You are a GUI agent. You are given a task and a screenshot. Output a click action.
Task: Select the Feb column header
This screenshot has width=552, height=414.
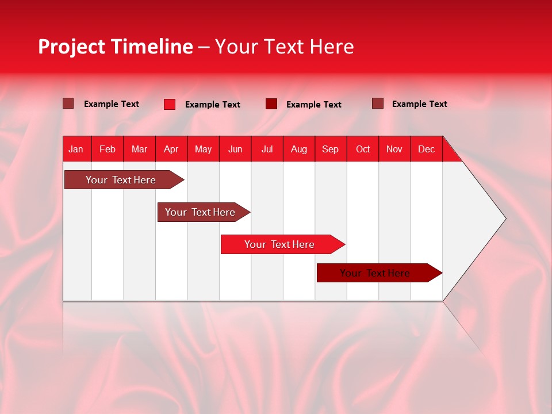coord(108,149)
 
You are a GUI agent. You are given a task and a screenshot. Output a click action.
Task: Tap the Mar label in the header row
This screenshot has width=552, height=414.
coord(139,149)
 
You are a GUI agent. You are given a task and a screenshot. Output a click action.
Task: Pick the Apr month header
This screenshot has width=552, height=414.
coord(171,149)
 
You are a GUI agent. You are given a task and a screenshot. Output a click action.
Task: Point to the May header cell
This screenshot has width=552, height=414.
coord(203,149)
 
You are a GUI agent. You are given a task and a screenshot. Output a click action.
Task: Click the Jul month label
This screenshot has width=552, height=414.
coord(267,149)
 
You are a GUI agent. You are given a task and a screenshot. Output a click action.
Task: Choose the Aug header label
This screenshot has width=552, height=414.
coord(299,149)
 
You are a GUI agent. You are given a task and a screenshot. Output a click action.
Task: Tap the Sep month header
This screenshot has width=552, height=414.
coord(331,149)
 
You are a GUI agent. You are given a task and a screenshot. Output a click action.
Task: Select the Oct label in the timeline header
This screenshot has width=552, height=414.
coord(363,149)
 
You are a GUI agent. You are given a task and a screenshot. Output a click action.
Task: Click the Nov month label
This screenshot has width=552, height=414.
coord(394,149)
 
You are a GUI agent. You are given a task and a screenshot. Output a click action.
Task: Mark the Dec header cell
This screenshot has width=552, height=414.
coord(427,149)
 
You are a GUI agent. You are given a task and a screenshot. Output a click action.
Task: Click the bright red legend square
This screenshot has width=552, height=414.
coord(170,104)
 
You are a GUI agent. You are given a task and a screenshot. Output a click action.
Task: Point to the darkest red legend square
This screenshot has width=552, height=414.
coord(271,104)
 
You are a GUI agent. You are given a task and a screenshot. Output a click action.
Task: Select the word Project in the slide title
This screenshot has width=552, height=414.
coord(71,47)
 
